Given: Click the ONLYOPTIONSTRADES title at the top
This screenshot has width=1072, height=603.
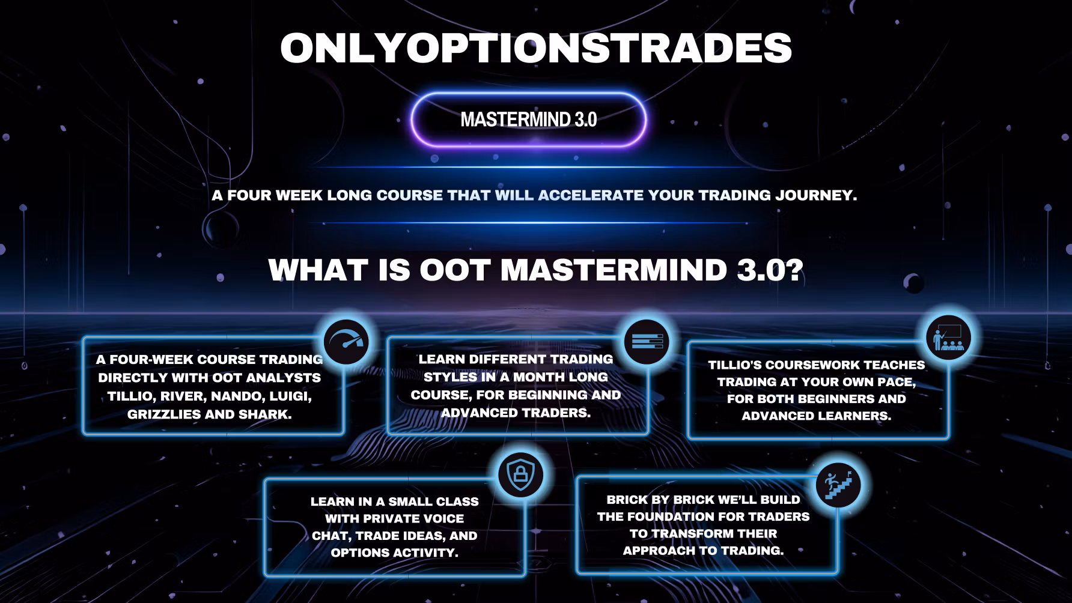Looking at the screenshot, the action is click(536, 47).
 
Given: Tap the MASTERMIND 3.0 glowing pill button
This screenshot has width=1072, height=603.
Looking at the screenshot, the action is click(529, 120).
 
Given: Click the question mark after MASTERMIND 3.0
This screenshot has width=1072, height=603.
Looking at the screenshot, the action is click(794, 270).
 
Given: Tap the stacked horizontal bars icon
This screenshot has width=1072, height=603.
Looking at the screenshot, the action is click(647, 342).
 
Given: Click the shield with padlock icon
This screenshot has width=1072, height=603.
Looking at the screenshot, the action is click(520, 475).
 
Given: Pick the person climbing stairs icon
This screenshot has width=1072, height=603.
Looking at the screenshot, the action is click(838, 485).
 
